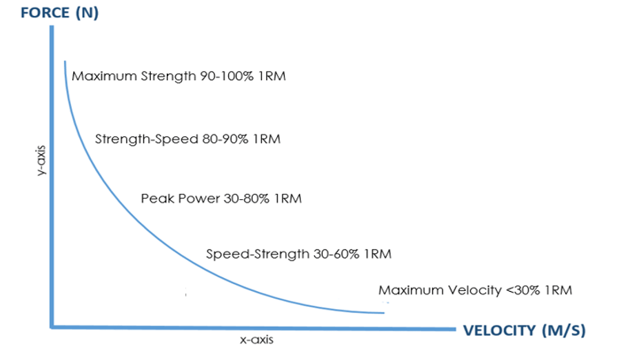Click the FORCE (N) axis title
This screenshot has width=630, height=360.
(x=51, y=12)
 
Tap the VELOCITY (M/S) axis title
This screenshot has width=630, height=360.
(x=525, y=330)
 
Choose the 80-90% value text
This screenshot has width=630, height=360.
(x=228, y=139)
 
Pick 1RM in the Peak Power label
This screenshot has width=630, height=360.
(x=288, y=199)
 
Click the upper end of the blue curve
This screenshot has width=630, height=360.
(x=64, y=62)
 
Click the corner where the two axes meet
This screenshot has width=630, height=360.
(x=52, y=327)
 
